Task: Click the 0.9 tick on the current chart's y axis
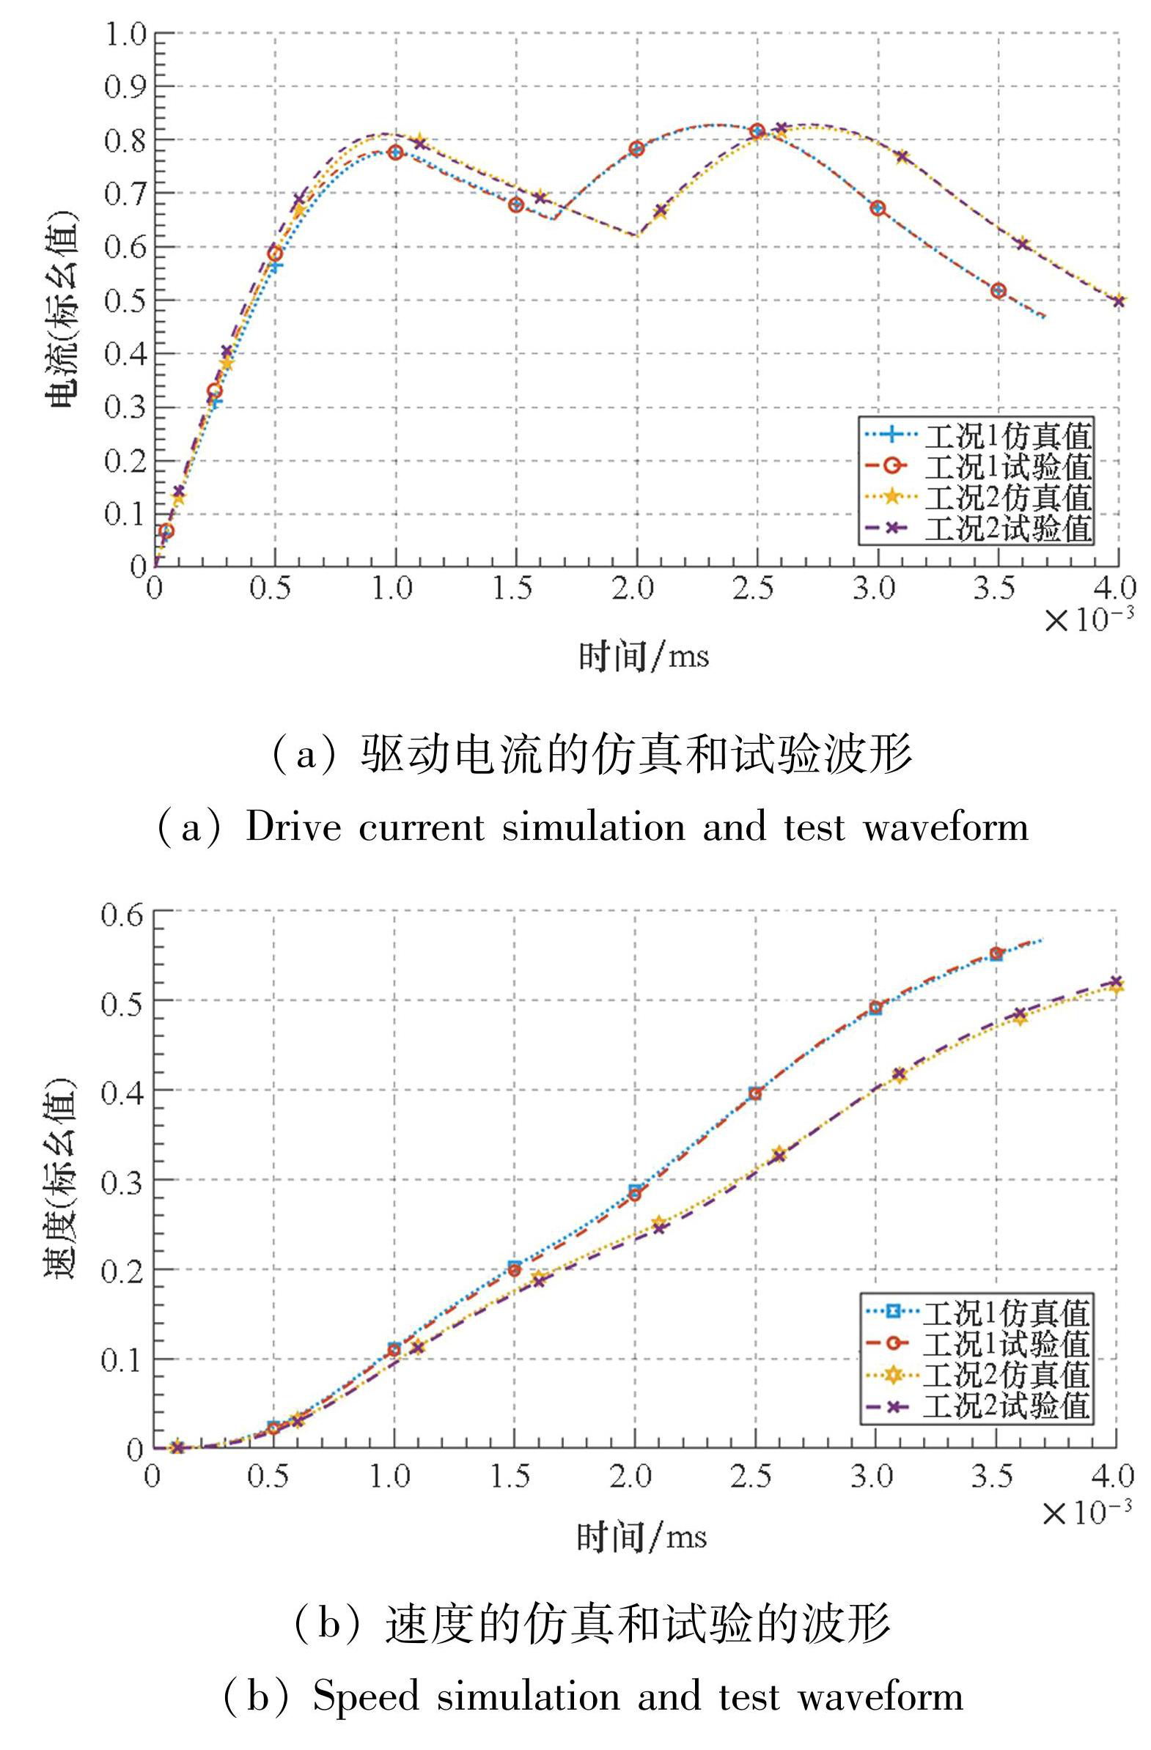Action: point(126,86)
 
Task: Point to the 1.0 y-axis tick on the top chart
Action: point(126,34)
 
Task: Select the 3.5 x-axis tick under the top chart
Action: point(996,589)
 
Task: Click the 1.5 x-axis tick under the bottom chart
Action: point(512,1476)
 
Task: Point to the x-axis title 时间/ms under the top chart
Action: point(644,655)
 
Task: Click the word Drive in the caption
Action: point(293,827)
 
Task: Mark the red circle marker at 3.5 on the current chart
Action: point(998,290)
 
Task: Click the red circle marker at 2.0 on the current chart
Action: point(637,149)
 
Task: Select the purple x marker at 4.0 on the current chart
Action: point(1119,300)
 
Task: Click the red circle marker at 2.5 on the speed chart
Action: point(754,1093)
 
